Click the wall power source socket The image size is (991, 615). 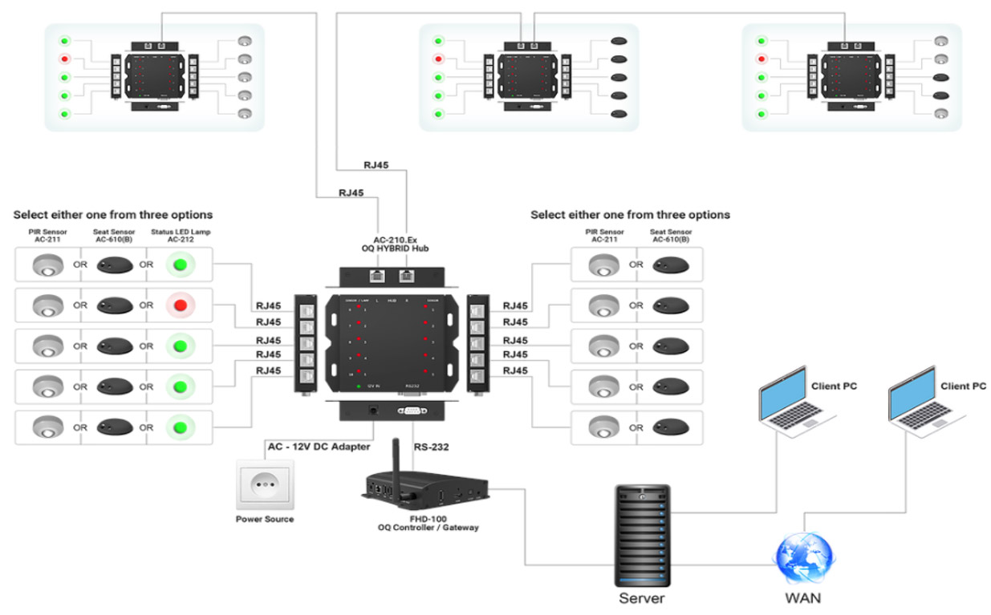pos(264,484)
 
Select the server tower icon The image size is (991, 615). pos(641,532)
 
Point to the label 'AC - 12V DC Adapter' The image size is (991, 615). pos(318,446)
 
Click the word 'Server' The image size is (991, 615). pos(641,598)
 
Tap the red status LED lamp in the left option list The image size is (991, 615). pos(181,305)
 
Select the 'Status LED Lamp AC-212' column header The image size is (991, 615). pos(181,234)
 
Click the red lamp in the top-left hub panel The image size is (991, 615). pos(64,59)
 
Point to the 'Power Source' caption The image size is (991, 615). pos(264,519)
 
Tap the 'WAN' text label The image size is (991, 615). pos(802,598)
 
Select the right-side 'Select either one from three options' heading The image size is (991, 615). pos(630,215)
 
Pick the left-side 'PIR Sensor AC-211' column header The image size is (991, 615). pos(48,234)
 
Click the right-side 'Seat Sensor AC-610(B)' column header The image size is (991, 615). pos(671,234)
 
